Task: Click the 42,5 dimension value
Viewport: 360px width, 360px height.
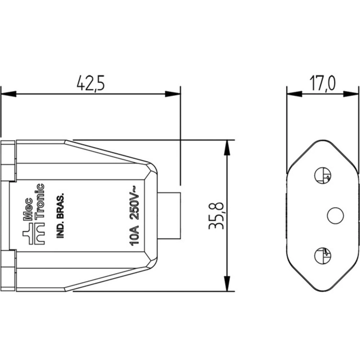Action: [x=90, y=83]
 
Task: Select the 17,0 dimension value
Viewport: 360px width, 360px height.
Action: [x=322, y=83]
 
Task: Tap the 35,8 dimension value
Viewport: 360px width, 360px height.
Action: [x=216, y=216]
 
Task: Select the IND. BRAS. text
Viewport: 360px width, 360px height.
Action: [x=60, y=215]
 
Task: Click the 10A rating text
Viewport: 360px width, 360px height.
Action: [x=135, y=236]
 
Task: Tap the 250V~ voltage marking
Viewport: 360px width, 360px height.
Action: [x=135, y=202]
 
